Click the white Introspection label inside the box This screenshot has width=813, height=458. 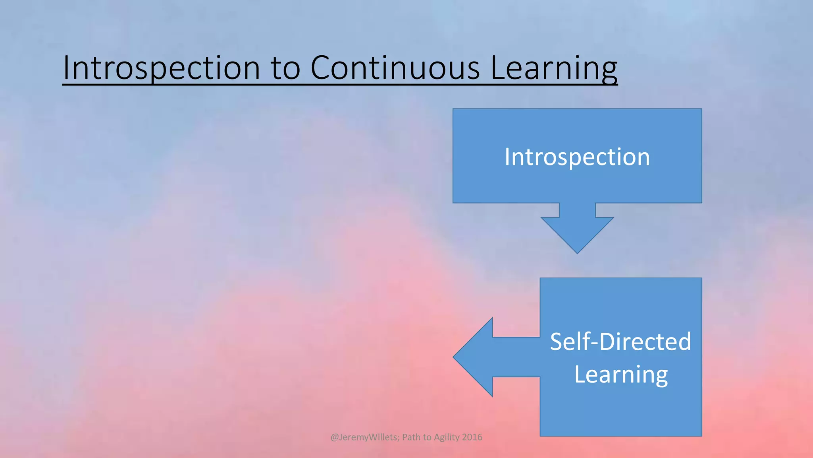[577, 157]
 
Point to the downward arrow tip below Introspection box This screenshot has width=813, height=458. [577, 250]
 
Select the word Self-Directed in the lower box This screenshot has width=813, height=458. [620, 342]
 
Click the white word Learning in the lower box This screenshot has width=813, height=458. [621, 375]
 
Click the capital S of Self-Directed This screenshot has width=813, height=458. [558, 342]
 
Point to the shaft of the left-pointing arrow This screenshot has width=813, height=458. [516, 357]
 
